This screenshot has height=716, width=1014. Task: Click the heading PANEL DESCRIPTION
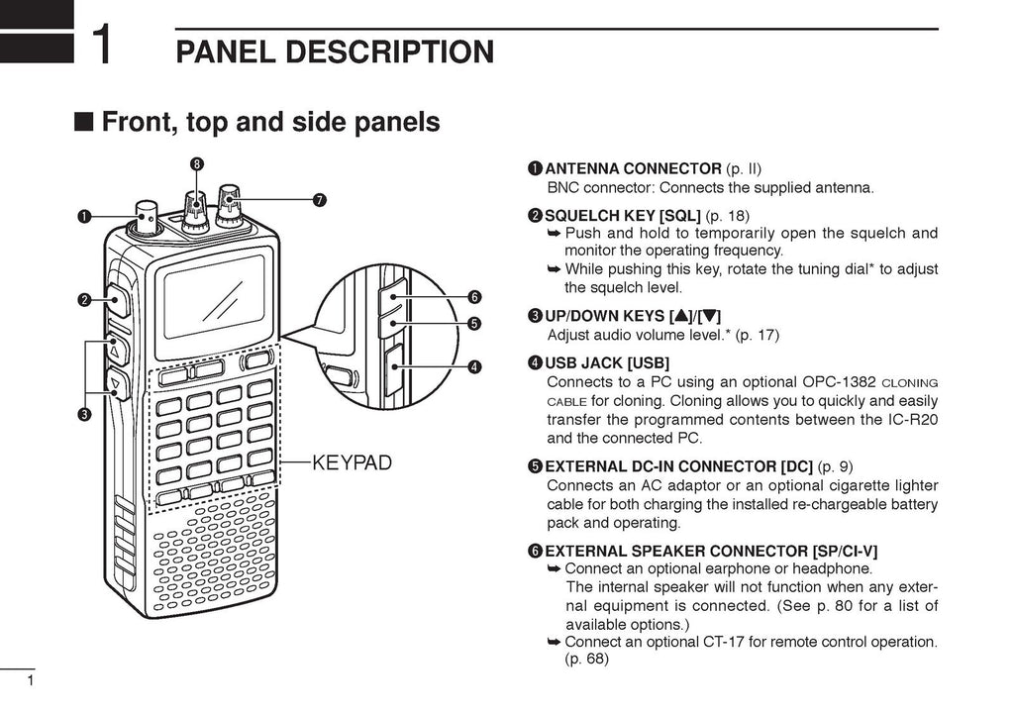(x=335, y=51)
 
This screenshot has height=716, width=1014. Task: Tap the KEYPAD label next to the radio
(x=353, y=461)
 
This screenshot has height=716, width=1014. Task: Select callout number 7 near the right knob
(x=319, y=200)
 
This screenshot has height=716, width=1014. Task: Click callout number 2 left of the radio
(x=85, y=299)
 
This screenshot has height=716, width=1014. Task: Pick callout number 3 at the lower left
(x=85, y=413)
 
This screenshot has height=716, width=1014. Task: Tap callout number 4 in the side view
(x=475, y=366)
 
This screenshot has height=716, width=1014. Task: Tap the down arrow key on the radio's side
(x=115, y=383)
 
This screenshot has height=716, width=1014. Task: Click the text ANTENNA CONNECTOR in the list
(x=633, y=168)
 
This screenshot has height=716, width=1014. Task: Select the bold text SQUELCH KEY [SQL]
(x=622, y=215)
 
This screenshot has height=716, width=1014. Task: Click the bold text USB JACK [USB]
(x=607, y=362)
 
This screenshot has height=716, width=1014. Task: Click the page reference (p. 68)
(x=586, y=660)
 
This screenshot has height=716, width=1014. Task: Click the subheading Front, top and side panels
(x=270, y=122)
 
